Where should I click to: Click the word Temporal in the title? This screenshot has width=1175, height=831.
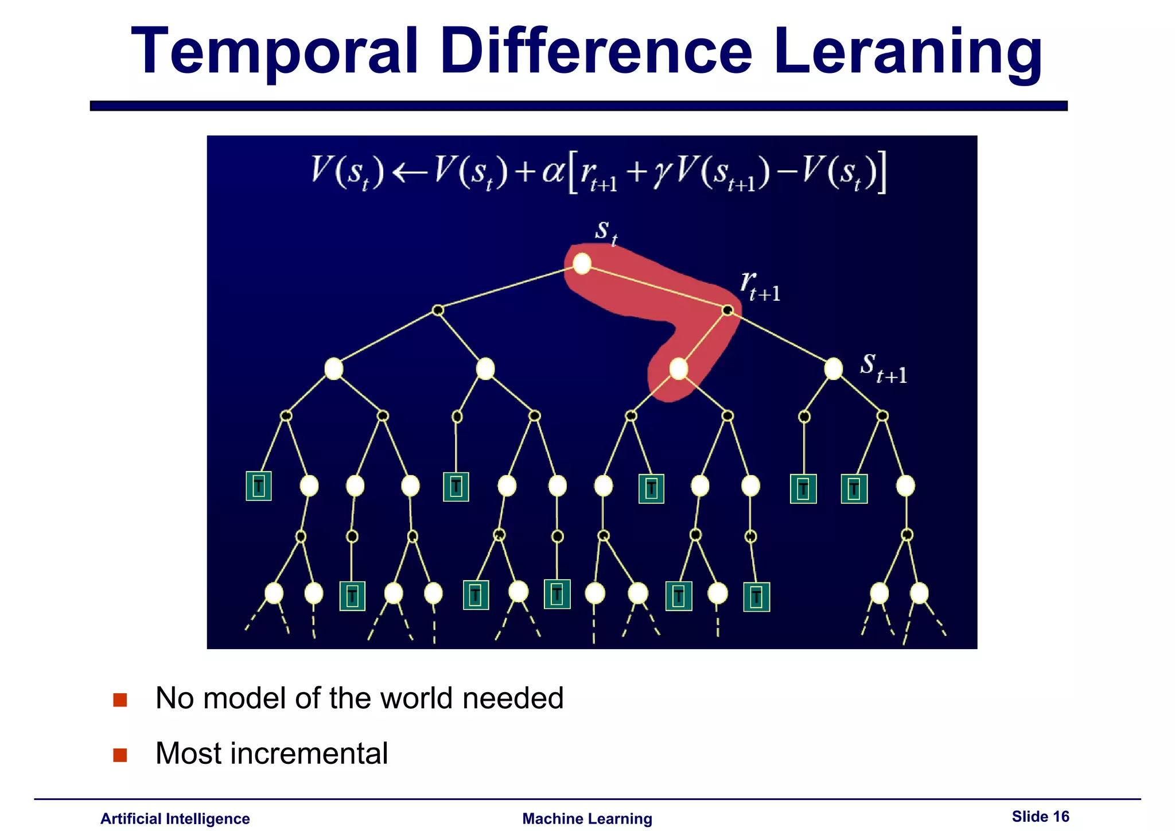click(274, 53)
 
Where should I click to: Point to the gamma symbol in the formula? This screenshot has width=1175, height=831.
click(661, 172)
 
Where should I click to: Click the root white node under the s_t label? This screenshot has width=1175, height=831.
click(582, 264)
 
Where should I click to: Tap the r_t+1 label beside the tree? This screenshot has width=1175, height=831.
click(760, 286)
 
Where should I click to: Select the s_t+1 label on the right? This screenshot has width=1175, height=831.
click(883, 367)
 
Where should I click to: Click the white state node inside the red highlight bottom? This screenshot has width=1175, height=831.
click(678, 368)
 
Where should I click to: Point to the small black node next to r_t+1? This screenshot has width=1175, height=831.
click(727, 310)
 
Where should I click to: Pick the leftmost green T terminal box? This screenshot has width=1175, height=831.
click(259, 486)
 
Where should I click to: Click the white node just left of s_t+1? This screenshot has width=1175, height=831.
click(833, 368)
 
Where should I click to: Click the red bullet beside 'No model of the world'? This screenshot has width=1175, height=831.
click(120, 700)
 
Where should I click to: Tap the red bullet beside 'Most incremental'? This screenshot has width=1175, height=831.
click(120, 755)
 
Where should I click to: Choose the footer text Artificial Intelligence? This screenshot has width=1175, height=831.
click(175, 818)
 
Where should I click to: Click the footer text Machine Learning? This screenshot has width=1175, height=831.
click(587, 818)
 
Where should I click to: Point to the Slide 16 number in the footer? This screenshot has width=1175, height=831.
click(1040, 816)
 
